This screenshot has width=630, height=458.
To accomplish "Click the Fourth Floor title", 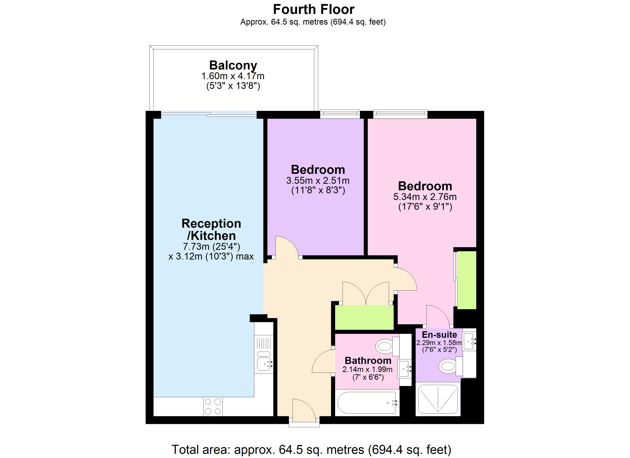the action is click(x=314, y=9).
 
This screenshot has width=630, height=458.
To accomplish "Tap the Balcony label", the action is click(x=233, y=65).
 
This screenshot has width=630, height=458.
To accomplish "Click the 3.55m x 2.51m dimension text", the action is click(x=318, y=181).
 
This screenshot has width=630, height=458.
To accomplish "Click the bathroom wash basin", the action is click(x=405, y=369).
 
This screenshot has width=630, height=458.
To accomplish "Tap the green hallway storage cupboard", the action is click(x=364, y=318).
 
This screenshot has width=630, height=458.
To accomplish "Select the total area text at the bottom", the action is click(x=311, y=450).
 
